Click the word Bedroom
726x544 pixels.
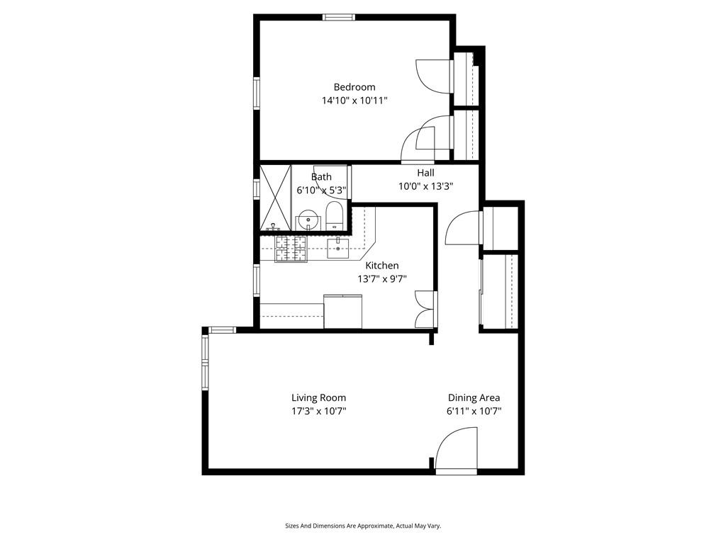coord(354,87)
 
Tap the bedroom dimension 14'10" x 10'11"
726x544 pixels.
coord(354,101)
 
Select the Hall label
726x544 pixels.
coord(425,173)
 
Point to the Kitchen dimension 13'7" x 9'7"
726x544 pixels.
coord(381,279)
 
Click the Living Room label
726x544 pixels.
coord(318,398)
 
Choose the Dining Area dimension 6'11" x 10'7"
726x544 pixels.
coord(474,412)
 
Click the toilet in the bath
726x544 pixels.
coord(335,216)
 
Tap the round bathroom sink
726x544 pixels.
coord(308,220)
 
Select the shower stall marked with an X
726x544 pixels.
coord(275,198)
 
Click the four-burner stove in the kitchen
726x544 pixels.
coord(290,249)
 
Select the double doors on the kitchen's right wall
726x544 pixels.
coord(426,310)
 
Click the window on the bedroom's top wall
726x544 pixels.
coord(338,17)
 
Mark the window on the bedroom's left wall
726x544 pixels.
coord(257,93)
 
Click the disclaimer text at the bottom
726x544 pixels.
coord(363,526)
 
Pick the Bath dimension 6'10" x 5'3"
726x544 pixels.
coord(321,190)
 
